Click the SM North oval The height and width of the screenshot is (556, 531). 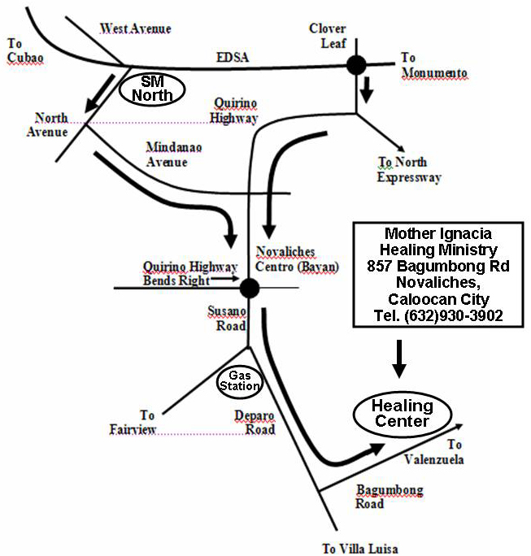coord(153,89)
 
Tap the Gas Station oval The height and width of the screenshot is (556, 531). coord(238,380)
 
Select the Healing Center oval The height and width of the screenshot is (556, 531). coord(402,414)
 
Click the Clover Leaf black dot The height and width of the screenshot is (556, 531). coord(355,67)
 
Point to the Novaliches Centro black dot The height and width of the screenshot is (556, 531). coord(249,287)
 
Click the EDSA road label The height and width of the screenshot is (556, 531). coord(233,57)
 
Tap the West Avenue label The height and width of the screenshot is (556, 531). coord(135,29)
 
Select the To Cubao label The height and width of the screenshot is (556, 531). coord(24,50)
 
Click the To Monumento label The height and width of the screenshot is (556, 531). coord(434,66)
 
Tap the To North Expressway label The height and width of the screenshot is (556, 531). coord(408,170)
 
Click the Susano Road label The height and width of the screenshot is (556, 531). coord(229,319)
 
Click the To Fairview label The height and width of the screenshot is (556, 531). coord(133,422)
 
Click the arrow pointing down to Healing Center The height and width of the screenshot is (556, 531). coord(398,358)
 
